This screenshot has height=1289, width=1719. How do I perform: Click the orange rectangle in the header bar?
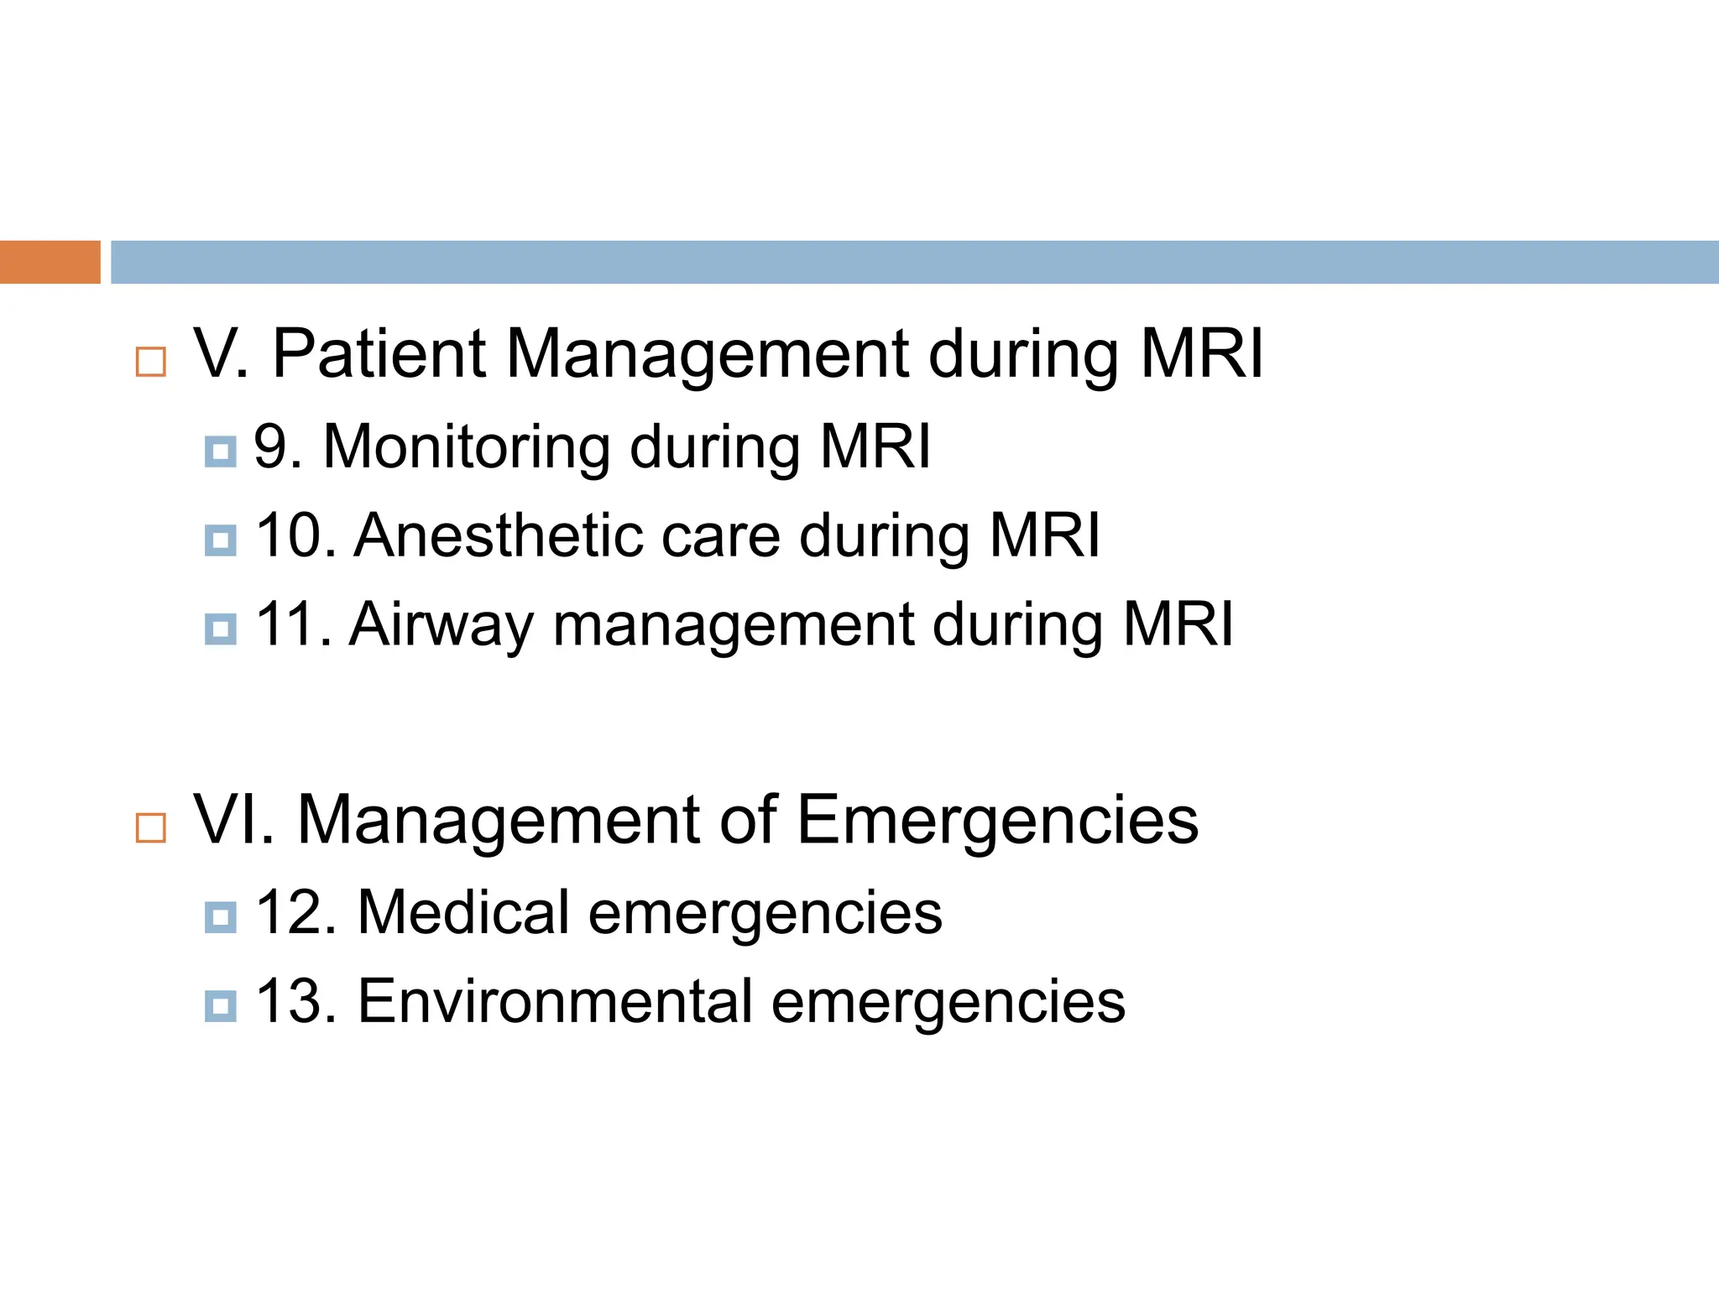coord(50,262)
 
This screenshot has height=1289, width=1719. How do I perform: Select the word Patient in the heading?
coord(379,354)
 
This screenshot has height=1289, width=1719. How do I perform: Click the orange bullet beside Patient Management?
coord(151,363)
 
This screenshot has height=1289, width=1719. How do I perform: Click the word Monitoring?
coord(466,446)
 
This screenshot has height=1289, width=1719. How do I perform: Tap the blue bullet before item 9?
coord(221,451)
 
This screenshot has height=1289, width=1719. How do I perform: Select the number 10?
coord(294,535)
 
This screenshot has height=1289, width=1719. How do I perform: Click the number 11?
coord(292,624)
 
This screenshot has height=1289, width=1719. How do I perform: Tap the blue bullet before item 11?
coord(221,629)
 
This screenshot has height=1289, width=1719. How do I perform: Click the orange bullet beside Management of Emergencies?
coord(151,828)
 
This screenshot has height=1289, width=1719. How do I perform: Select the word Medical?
coord(463,912)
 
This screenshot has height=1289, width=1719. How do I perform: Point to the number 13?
coord(294,1001)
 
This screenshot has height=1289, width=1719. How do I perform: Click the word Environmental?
coord(555,1001)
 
